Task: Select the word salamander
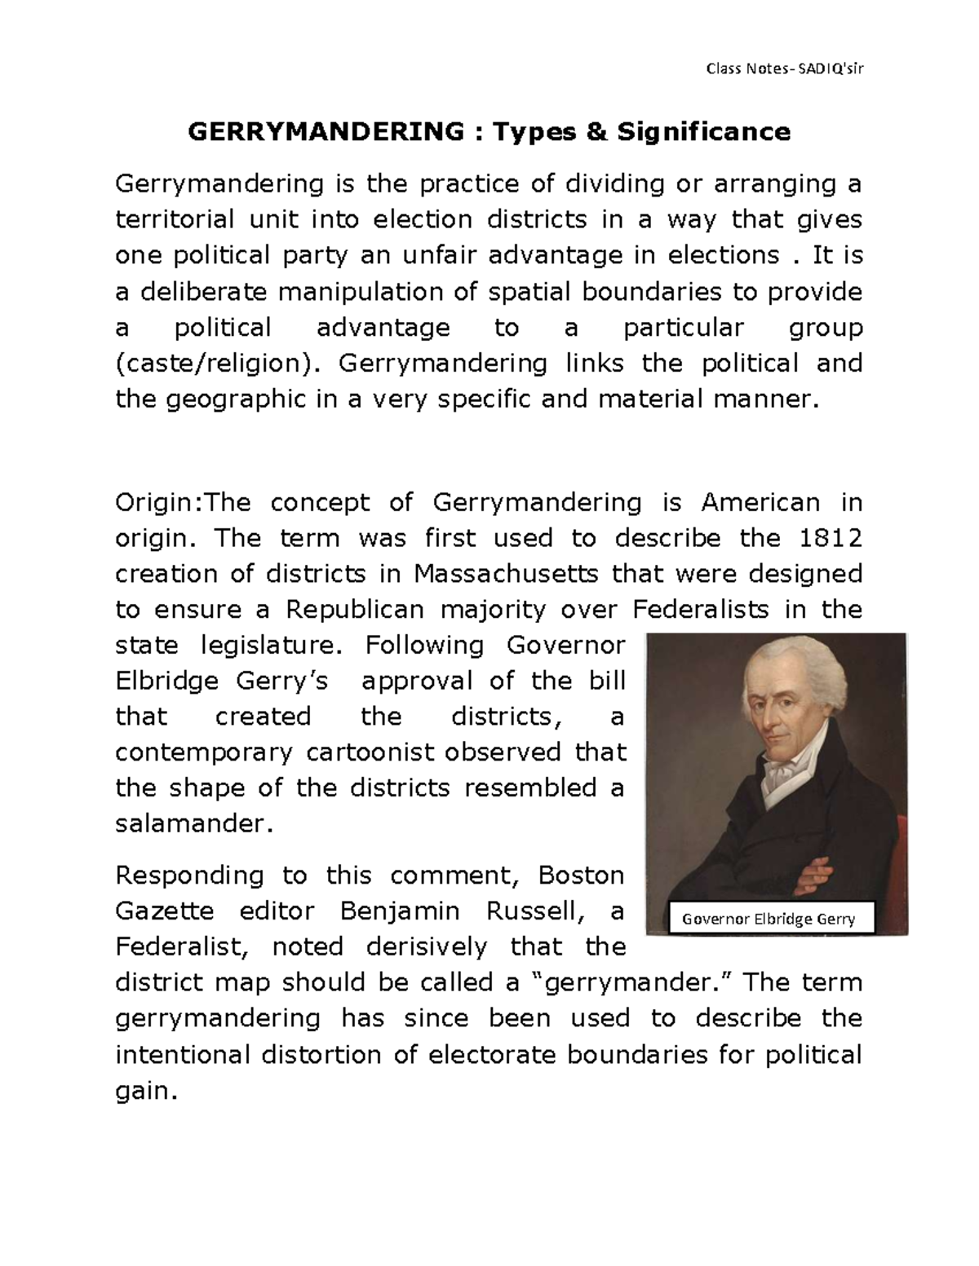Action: tap(191, 824)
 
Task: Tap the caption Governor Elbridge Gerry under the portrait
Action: tap(769, 919)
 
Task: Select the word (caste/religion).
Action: tap(214, 363)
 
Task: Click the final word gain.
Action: tap(145, 1091)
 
